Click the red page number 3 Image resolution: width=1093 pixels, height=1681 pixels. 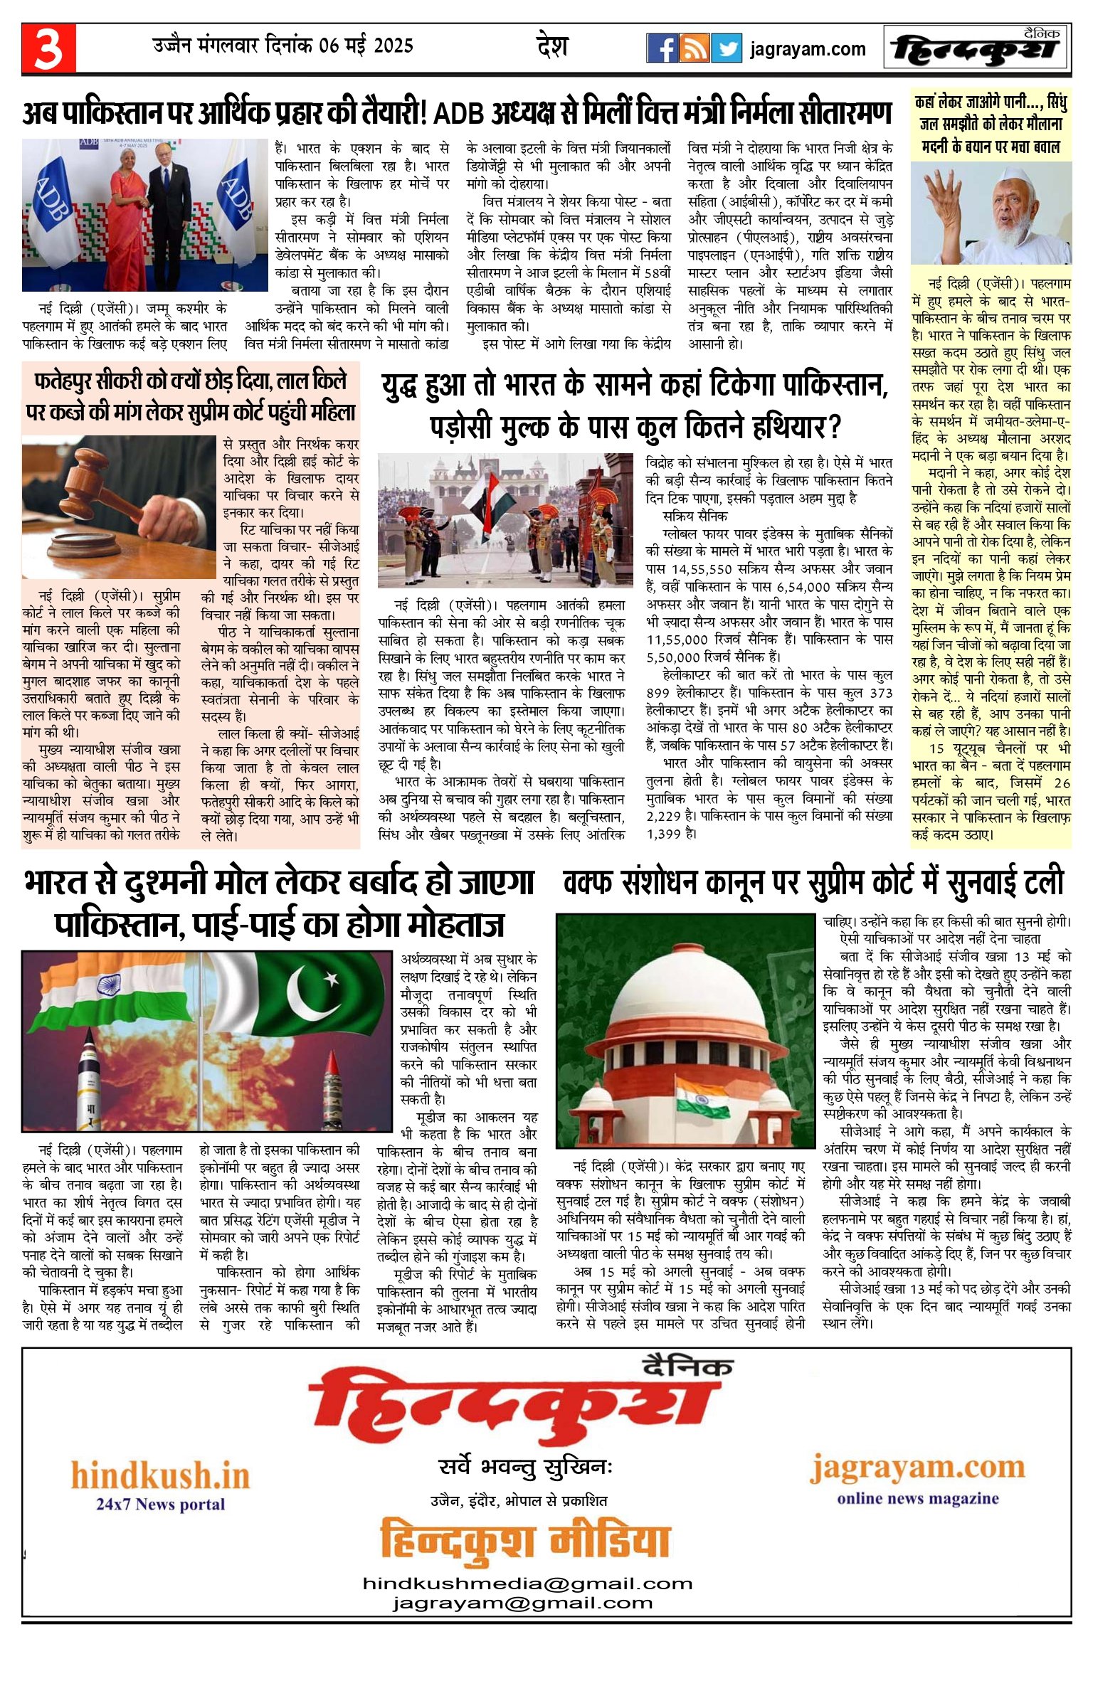tap(48, 49)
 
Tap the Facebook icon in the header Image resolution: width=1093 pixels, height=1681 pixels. tap(662, 48)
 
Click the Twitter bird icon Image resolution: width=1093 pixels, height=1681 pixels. tap(727, 48)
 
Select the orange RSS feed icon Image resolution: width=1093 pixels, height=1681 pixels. tap(694, 48)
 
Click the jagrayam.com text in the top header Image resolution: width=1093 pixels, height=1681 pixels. tap(808, 49)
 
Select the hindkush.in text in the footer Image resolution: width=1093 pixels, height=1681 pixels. tap(160, 1476)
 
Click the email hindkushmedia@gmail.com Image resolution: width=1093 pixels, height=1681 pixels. tap(527, 1584)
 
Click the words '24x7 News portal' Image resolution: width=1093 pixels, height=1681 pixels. tap(160, 1505)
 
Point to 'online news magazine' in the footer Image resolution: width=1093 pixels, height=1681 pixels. tap(917, 1499)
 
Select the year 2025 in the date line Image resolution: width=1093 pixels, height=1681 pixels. tap(393, 46)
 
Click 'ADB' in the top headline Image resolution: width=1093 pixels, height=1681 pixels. tap(459, 114)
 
